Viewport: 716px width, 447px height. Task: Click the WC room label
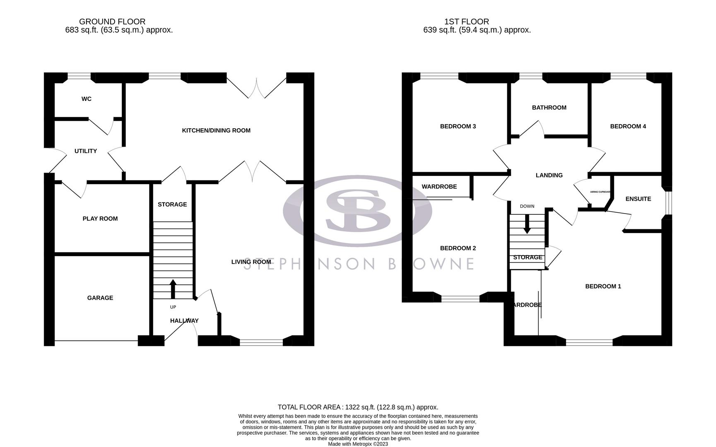tap(86, 99)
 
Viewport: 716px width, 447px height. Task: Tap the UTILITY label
tap(86, 151)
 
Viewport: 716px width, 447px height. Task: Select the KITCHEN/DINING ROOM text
tap(216, 130)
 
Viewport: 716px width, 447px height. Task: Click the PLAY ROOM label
tap(100, 219)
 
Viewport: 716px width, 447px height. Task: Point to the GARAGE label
tap(100, 298)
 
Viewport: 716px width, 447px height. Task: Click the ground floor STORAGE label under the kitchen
tap(172, 204)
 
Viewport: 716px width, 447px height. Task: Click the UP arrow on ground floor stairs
tap(173, 289)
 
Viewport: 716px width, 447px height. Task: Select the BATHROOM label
tap(549, 108)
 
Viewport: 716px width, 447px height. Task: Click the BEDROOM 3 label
tap(458, 126)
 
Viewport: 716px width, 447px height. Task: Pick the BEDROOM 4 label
tap(628, 126)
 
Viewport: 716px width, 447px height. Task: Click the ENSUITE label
tap(638, 199)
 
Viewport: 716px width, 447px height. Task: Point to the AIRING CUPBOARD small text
tap(600, 192)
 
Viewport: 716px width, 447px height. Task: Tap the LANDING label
tap(549, 175)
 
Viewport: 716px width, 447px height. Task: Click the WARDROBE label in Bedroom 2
tap(439, 187)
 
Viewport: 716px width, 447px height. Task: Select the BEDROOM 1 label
tap(603, 286)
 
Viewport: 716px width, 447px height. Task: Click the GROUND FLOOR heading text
tap(112, 22)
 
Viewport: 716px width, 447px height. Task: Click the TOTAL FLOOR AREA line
tap(358, 407)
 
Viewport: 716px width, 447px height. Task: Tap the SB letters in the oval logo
tap(358, 210)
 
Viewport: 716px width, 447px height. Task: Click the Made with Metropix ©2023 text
tap(358, 444)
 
